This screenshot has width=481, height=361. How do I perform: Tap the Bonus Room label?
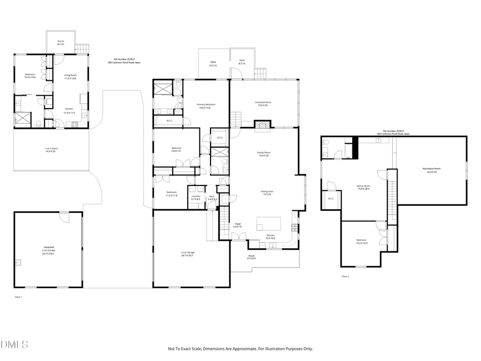pos(363,187)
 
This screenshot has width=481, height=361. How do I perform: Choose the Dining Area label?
pos(266,193)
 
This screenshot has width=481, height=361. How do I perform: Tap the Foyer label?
pos(237,225)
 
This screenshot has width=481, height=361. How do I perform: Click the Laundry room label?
pos(196,197)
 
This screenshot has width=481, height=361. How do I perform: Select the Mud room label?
pos(212,197)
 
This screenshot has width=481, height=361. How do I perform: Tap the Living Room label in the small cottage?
pos(71,76)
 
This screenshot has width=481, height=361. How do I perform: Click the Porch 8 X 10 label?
pos(60,42)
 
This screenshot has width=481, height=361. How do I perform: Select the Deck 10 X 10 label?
pos(213,64)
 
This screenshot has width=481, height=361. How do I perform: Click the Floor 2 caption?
pos(345,276)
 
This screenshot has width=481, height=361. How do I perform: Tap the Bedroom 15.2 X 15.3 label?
pos(362,242)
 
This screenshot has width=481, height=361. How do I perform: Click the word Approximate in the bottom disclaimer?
pos(244,349)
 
